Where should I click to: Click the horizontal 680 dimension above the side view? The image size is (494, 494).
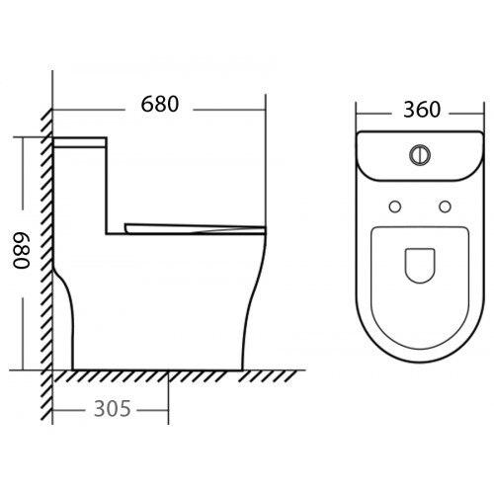(x=160, y=104)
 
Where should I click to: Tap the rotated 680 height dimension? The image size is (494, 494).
(x=22, y=250)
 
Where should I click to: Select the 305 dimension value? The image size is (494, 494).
(x=113, y=409)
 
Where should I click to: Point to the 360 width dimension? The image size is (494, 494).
(x=422, y=110)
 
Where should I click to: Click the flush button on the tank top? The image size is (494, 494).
(x=420, y=154)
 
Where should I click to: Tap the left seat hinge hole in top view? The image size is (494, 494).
(x=395, y=206)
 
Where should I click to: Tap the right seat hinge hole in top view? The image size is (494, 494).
(x=445, y=206)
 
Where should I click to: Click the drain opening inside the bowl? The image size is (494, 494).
(x=420, y=266)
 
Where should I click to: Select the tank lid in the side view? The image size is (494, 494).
(x=80, y=142)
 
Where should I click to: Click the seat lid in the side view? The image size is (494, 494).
(x=195, y=229)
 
